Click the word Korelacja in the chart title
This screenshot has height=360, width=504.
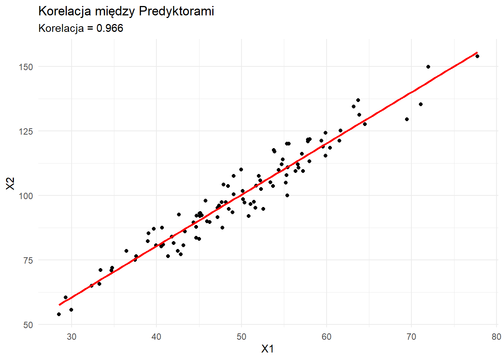coord(64,11)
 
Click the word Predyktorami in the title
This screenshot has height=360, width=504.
coord(176,11)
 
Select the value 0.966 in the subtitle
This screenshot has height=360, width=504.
coord(110,28)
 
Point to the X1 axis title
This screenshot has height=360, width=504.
coord(267,349)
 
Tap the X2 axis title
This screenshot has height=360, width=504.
coord(10,184)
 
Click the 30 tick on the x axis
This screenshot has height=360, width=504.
coord(72,337)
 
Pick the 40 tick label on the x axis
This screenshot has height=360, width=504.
coord(156,337)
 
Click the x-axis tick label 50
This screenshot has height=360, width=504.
coord(241,337)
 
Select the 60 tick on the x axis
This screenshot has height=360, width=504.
coord(327,337)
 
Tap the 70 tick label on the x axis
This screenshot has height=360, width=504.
coord(411,337)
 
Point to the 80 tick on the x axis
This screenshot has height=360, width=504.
coord(496,337)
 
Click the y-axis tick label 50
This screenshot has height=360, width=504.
coord(28,325)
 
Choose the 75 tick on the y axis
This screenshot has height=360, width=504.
coord(28,261)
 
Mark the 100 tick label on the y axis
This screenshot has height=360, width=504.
coord(25,196)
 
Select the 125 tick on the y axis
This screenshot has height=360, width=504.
coord(25,131)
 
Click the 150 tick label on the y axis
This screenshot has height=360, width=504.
coord(25,67)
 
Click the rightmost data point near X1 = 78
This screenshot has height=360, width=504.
coord(477,56)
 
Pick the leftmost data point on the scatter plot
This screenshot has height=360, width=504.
coord(59,314)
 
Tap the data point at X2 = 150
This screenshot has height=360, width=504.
coord(428,67)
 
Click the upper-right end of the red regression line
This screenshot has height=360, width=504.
coord(477,52)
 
